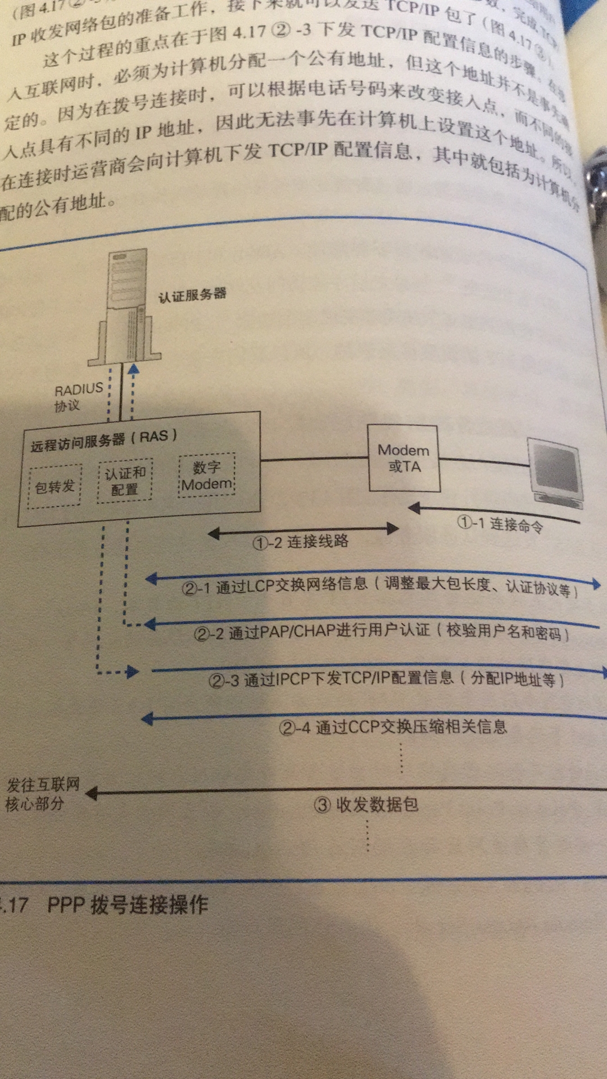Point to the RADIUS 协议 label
[x=78, y=397]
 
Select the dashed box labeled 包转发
[x=55, y=486]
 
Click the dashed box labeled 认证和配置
[x=125, y=481]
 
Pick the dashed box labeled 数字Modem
[x=207, y=475]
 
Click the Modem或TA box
[x=404, y=458]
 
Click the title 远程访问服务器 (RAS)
[x=104, y=439]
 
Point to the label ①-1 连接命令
[x=500, y=524]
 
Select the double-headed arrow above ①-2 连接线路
[x=303, y=529]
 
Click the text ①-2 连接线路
[x=301, y=542]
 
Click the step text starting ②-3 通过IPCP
[x=386, y=679]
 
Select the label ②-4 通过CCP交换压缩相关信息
[x=393, y=727]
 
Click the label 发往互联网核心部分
[x=42, y=794]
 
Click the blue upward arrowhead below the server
[x=133, y=369]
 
